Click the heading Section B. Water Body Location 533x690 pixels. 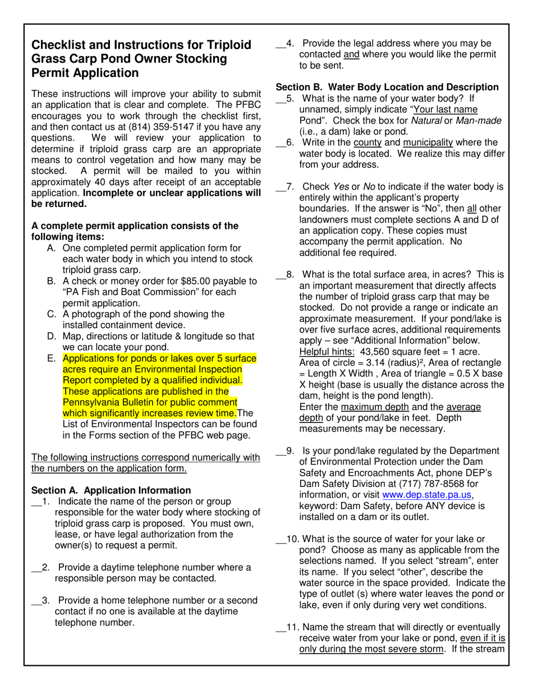387,87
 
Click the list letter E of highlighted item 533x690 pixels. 51,358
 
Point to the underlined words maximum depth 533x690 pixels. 366,407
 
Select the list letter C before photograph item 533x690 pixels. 51,314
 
